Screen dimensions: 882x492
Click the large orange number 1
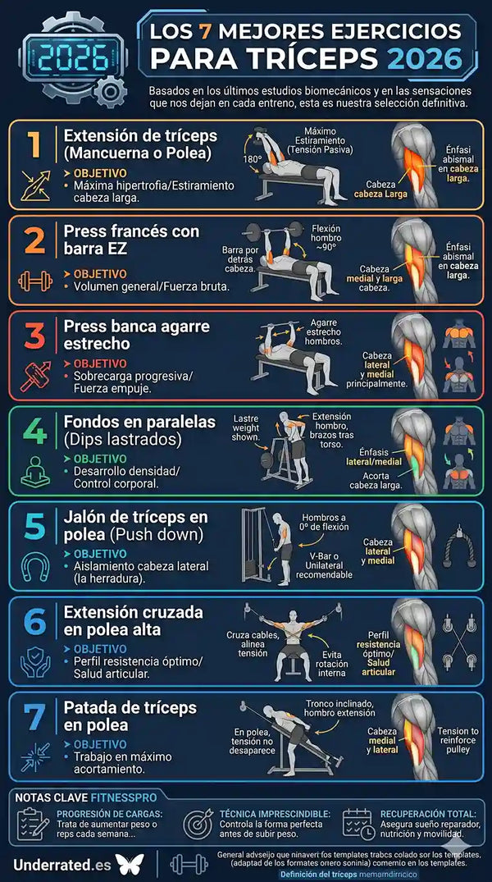(x=34, y=144)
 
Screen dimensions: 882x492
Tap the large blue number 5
(x=34, y=526)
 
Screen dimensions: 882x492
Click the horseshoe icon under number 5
(x=34, y=565)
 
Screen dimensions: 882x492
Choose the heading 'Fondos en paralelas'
(x=139, y=422)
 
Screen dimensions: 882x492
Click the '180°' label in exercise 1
(x=253, y=158)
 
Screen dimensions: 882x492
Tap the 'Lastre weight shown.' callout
(x=247, y=427)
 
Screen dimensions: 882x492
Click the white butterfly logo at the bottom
(x=130, y=863)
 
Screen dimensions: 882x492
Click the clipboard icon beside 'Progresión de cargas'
(x=33, y=823)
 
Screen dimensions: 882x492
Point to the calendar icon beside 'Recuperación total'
(x=358, y=823)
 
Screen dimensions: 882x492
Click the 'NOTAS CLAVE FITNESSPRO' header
(x=84, y=796)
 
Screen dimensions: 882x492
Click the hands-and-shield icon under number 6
(x=34, y=661)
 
